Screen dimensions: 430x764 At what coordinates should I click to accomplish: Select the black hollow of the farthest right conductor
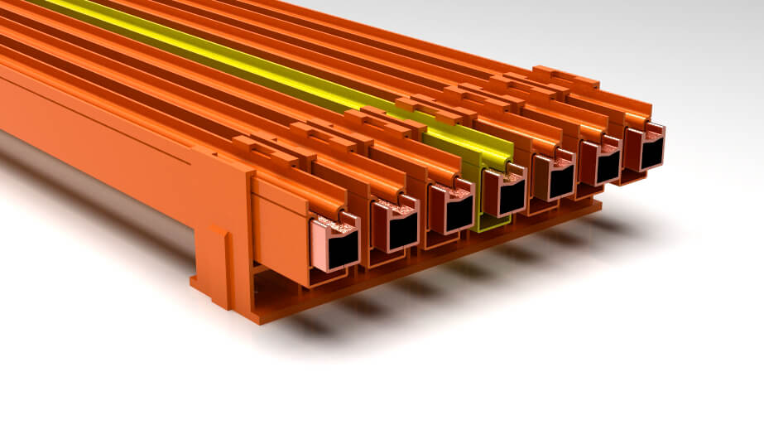point(651,153)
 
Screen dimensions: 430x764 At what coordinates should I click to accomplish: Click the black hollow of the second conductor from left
point(403,229)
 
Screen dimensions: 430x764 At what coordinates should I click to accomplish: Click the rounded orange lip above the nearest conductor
point(331,205)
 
